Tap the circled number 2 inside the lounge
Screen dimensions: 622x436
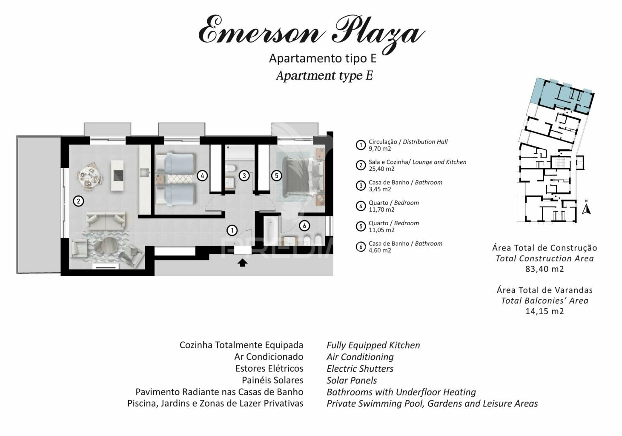pyautogui.click(x=79, y=201)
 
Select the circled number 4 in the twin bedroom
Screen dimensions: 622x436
pyautogui.click(x=202, y=175)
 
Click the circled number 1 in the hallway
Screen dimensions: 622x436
pyautogui.click(x=232, y=230)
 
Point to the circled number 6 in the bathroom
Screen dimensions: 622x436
pyautogui.click(x=304, y=226)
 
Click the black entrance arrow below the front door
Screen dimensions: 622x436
pyautogui.click(x=243, y=262)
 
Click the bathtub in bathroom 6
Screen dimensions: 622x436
pyautogui.click(x=271, y=230)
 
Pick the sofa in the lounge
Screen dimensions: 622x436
pyautogui.click(x=106, y=220)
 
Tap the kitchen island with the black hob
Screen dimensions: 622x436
pyautogui.click(x=117, y=175)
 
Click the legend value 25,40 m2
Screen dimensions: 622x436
pyautogui.click(x=381, y=169)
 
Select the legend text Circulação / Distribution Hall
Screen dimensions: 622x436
pyautogui.click(x=408, y=142)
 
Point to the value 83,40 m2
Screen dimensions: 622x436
pyautogui.click(x=545, y=269)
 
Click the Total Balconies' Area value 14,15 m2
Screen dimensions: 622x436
pyautogui.click(x=545, y=311)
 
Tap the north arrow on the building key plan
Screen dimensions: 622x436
pyautogui.click(x=586, y=208)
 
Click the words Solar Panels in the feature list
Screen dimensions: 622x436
pyautogui.click(x=352, y=380)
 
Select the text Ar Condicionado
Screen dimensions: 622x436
pyautogui.click(x=269, y=356)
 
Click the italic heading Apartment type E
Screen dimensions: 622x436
pyautogui.click(x=324, y=75)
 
